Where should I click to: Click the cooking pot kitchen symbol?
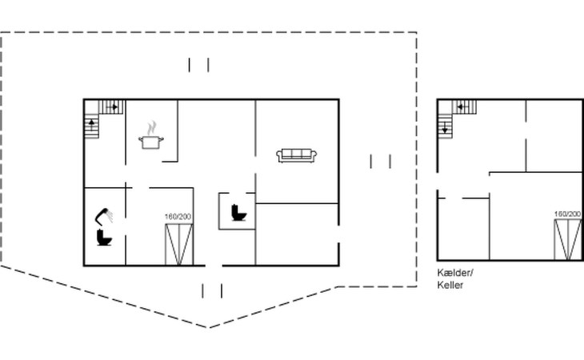151,142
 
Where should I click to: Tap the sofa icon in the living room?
297,155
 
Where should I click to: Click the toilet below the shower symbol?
104,238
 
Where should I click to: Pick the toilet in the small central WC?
238,213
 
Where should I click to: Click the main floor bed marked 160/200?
179,244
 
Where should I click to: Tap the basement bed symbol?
568,239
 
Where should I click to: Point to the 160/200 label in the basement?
567,214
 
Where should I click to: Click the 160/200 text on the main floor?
178,217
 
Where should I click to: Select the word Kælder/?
455,273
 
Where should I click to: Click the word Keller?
450,285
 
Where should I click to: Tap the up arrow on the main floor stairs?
92,123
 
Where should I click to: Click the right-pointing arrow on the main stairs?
114,107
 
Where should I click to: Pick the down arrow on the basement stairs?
445,129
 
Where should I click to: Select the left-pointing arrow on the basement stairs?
462,107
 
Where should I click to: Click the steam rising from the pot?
151,128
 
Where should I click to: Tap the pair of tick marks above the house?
198,65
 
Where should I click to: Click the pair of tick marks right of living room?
380,162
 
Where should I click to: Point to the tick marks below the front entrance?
212,290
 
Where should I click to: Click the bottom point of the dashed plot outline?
208,328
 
